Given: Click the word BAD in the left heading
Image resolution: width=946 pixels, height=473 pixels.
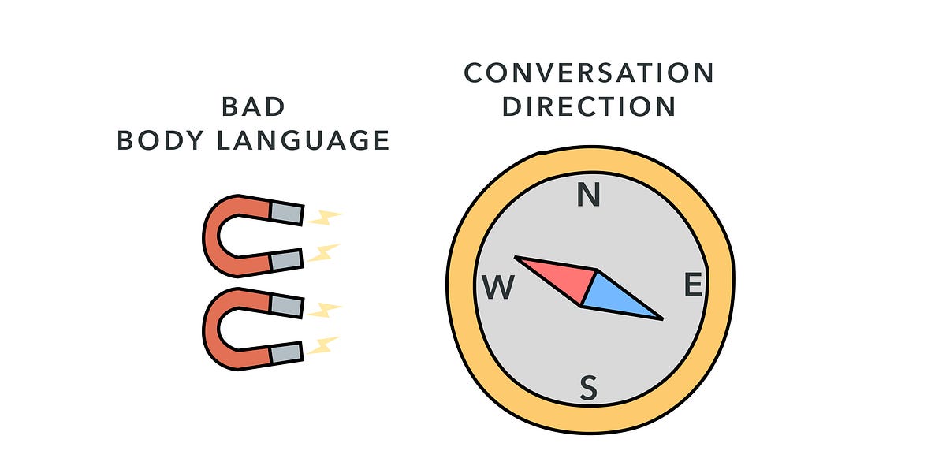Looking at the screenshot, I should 252,106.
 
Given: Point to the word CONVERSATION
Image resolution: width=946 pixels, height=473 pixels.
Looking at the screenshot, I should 589,73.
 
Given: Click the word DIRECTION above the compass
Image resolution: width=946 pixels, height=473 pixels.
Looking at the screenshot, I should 589,106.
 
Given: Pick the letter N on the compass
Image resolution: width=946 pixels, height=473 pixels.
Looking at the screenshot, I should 588,194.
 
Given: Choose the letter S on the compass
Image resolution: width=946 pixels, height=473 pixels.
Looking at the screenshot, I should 588,387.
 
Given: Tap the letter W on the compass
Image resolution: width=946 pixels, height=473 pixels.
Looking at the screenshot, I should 499,288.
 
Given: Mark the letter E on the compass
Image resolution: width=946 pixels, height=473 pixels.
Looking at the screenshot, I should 693,285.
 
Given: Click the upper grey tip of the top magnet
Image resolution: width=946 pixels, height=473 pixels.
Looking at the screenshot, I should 286,212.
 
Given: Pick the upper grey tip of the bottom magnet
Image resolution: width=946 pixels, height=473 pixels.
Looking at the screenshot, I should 286,305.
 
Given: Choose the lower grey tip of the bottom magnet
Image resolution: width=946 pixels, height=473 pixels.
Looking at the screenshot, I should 285,352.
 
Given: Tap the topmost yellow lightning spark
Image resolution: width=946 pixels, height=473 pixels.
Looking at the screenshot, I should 325,216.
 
